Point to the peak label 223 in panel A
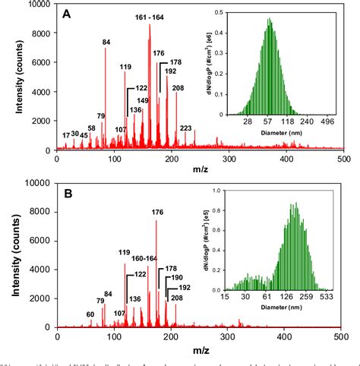(185, 128)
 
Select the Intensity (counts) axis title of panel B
(14, 256)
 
